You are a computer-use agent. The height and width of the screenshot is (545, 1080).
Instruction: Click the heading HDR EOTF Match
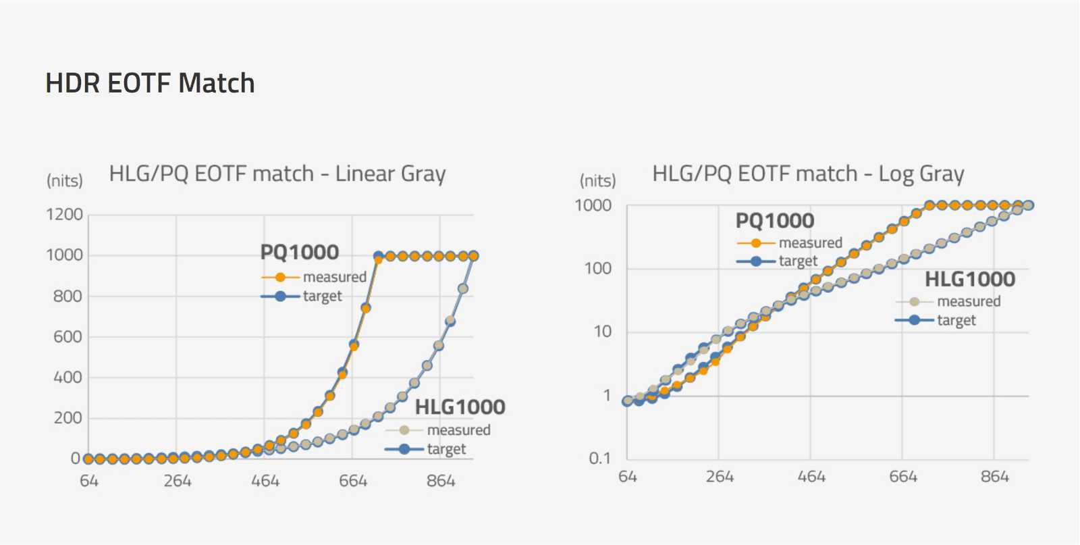click(150, 83)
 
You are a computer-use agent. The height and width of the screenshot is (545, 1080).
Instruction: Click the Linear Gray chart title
click(277, 174)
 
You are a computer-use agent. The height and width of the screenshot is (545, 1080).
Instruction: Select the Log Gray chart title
click(808, 174)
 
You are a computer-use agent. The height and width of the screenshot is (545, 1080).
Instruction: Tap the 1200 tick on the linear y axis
click(64, 215)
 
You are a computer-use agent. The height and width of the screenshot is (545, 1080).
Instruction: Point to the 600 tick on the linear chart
click(67, 336)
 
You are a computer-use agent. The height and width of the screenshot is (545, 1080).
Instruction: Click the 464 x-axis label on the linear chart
click(265, 481)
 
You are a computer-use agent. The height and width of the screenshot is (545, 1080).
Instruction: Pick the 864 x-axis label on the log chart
click(994, 477)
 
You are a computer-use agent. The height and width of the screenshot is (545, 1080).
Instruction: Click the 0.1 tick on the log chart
click(599, 459)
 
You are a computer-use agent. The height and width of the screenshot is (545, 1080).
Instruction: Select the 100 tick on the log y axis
click(597, 269)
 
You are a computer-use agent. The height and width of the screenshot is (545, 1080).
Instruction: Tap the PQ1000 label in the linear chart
click(300, 252)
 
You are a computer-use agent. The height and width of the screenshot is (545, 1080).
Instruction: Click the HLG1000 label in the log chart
click(970, 279)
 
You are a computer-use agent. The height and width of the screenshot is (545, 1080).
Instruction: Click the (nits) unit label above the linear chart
click(65, 180)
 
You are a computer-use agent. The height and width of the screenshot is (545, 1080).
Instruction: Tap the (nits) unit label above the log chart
click(598, 180)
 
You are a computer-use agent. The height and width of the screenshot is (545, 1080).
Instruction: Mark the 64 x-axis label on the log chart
click(628, 477)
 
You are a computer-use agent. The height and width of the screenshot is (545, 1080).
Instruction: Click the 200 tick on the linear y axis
click(67, 418)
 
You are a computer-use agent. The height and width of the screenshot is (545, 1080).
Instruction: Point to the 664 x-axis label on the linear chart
click(353, 481)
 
